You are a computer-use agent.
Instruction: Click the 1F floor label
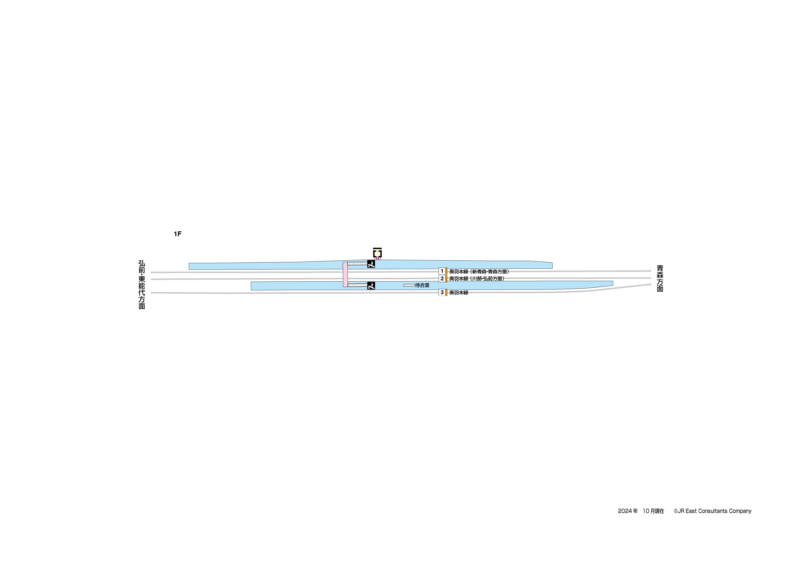point(178,234)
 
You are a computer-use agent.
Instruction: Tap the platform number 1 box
point(442,271)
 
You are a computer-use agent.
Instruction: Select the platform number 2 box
point(442,279)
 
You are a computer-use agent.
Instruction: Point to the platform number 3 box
point(442,293)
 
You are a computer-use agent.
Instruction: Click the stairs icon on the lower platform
point(371,286)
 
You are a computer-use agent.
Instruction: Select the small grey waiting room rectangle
point(409,285)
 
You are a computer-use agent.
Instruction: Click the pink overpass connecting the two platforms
point(345,274)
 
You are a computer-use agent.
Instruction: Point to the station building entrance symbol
point(377,253)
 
